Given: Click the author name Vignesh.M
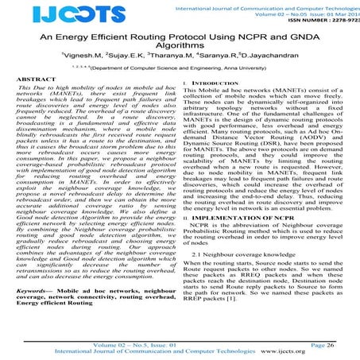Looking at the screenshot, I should click(x=82, y=59).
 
